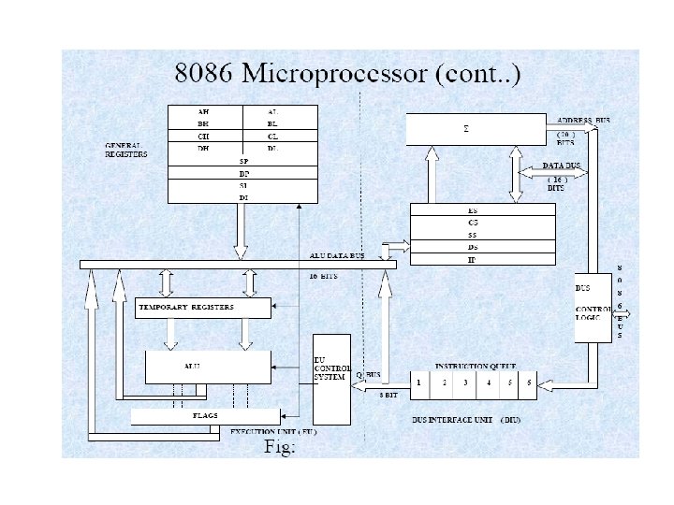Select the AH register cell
point(203,111)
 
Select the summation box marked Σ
point(476,129)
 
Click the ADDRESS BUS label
point(582,122)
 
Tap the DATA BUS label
point(562,166)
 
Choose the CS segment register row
point(473,223)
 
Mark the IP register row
point(473,259)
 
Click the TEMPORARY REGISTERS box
point(204,308)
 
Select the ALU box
point(208,367)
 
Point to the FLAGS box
point(205,414)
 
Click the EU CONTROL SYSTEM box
point(332,378)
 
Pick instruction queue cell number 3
point(464,382)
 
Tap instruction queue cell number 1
point(420,382)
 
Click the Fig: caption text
point(280,448)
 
